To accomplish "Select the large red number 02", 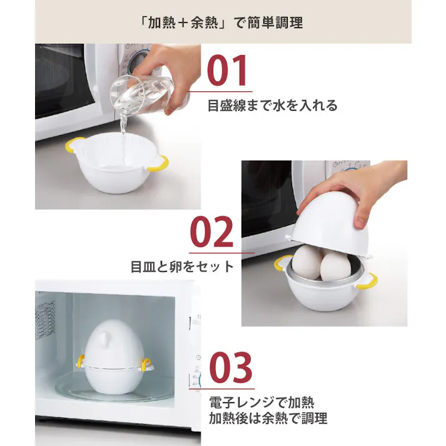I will (x=211, y=233).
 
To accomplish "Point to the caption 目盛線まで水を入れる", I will (x=272, y=105).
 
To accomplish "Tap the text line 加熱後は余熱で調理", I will (x=268, y=417).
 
